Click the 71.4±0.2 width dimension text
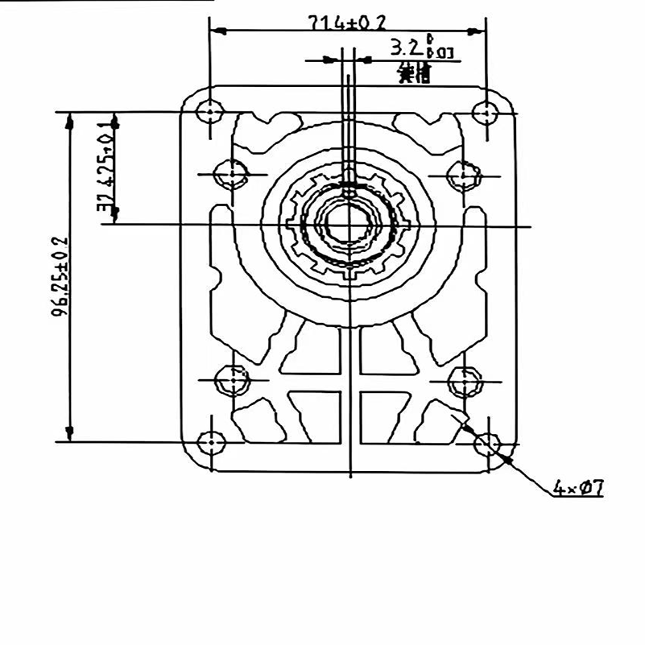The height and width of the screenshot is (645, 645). [348, 23]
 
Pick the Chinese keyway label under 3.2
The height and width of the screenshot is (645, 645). [414, 76]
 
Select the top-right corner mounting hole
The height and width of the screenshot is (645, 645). [486, 111]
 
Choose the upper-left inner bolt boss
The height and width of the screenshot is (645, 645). [230, 173]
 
